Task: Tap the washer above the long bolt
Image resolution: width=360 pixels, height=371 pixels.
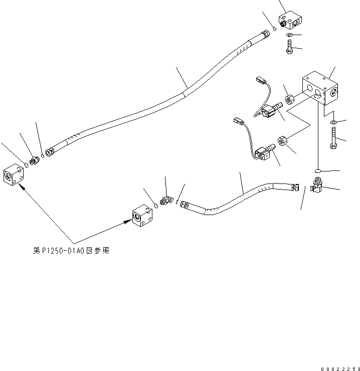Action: (333, 122)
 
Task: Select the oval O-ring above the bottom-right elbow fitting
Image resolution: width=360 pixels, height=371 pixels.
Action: (319, 170)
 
